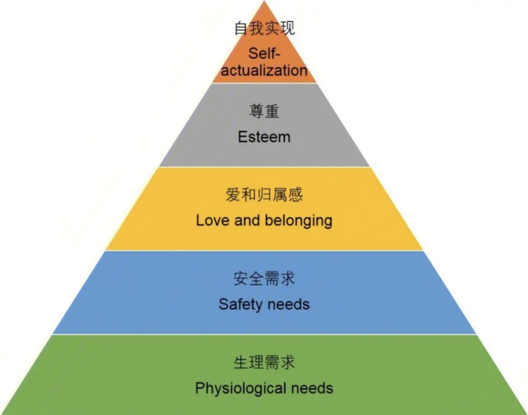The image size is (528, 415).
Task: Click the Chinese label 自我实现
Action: (264, 28)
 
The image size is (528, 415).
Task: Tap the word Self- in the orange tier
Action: (264, 53)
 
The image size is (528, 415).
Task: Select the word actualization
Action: (264, 71)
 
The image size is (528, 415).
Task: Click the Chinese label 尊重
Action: (264, 111)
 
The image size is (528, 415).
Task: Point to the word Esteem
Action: (264, 137)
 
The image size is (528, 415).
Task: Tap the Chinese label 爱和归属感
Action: (264, 195)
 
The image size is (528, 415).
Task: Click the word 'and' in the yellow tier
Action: (247, 221)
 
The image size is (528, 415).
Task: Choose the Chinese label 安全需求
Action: (264, 278)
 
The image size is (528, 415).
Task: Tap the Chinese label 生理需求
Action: (264, 362)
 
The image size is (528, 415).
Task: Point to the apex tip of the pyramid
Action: (264, 1)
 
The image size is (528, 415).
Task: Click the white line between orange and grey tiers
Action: (264, 83)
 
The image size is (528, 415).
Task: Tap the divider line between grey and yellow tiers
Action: (264, 167)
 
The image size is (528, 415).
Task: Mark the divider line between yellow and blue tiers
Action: (264, 251)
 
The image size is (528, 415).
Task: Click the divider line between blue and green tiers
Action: (264, 334)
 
